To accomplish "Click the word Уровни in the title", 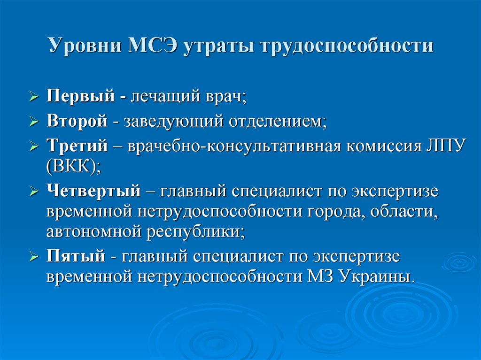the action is [x=85, y=46].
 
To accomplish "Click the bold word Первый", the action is [x=81, y=96].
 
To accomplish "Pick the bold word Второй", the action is [x=77, y=121].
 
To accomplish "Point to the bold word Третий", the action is [x=78, y=146].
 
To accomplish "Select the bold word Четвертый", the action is [x=93, y=191].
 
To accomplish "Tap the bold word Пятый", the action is [x=76, y=256].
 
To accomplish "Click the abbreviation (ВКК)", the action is [x=74, y=167].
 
